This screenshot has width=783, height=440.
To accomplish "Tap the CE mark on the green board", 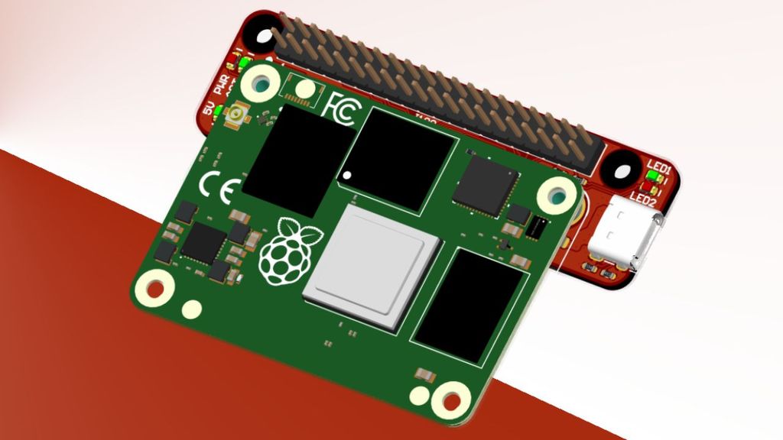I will tap(220, 188).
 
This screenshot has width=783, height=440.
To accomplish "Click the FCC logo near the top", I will tap(339, 106).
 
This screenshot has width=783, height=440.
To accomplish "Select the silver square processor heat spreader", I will tap(373, 264).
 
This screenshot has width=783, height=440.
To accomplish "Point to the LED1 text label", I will tap(658, 167).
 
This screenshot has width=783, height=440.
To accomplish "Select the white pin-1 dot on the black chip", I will tap(348, 176).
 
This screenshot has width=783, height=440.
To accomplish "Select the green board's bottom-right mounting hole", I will tap(450, 400).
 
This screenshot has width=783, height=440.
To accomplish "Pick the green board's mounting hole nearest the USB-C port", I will tap(557, 196).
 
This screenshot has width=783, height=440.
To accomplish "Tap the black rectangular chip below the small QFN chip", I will tap(469, 305).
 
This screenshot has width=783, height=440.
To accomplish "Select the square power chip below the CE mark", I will tap(204, 242).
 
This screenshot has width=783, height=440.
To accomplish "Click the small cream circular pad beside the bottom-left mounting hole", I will tap(192, 309).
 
